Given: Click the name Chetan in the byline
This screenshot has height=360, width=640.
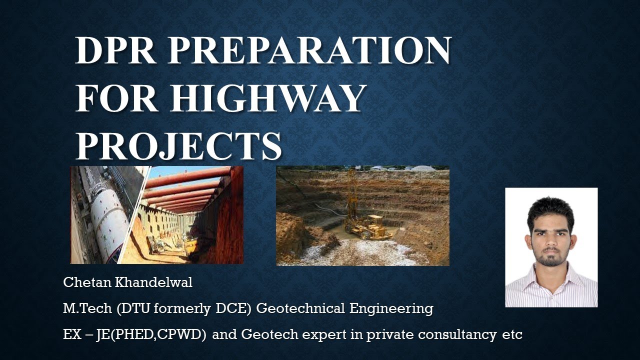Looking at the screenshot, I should tap(82, 282).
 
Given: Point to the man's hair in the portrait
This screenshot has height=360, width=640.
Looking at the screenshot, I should tap(550, 209).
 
